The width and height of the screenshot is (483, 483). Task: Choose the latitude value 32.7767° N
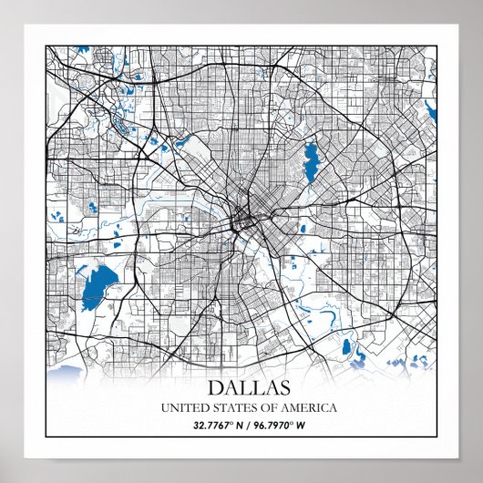[211, 425]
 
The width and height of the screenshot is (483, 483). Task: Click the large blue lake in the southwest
[92, 290]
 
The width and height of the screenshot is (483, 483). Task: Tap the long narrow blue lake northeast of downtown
[311, 159]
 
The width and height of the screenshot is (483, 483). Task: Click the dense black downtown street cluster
[243, 219]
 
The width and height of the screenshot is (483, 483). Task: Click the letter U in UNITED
[164, 407]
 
